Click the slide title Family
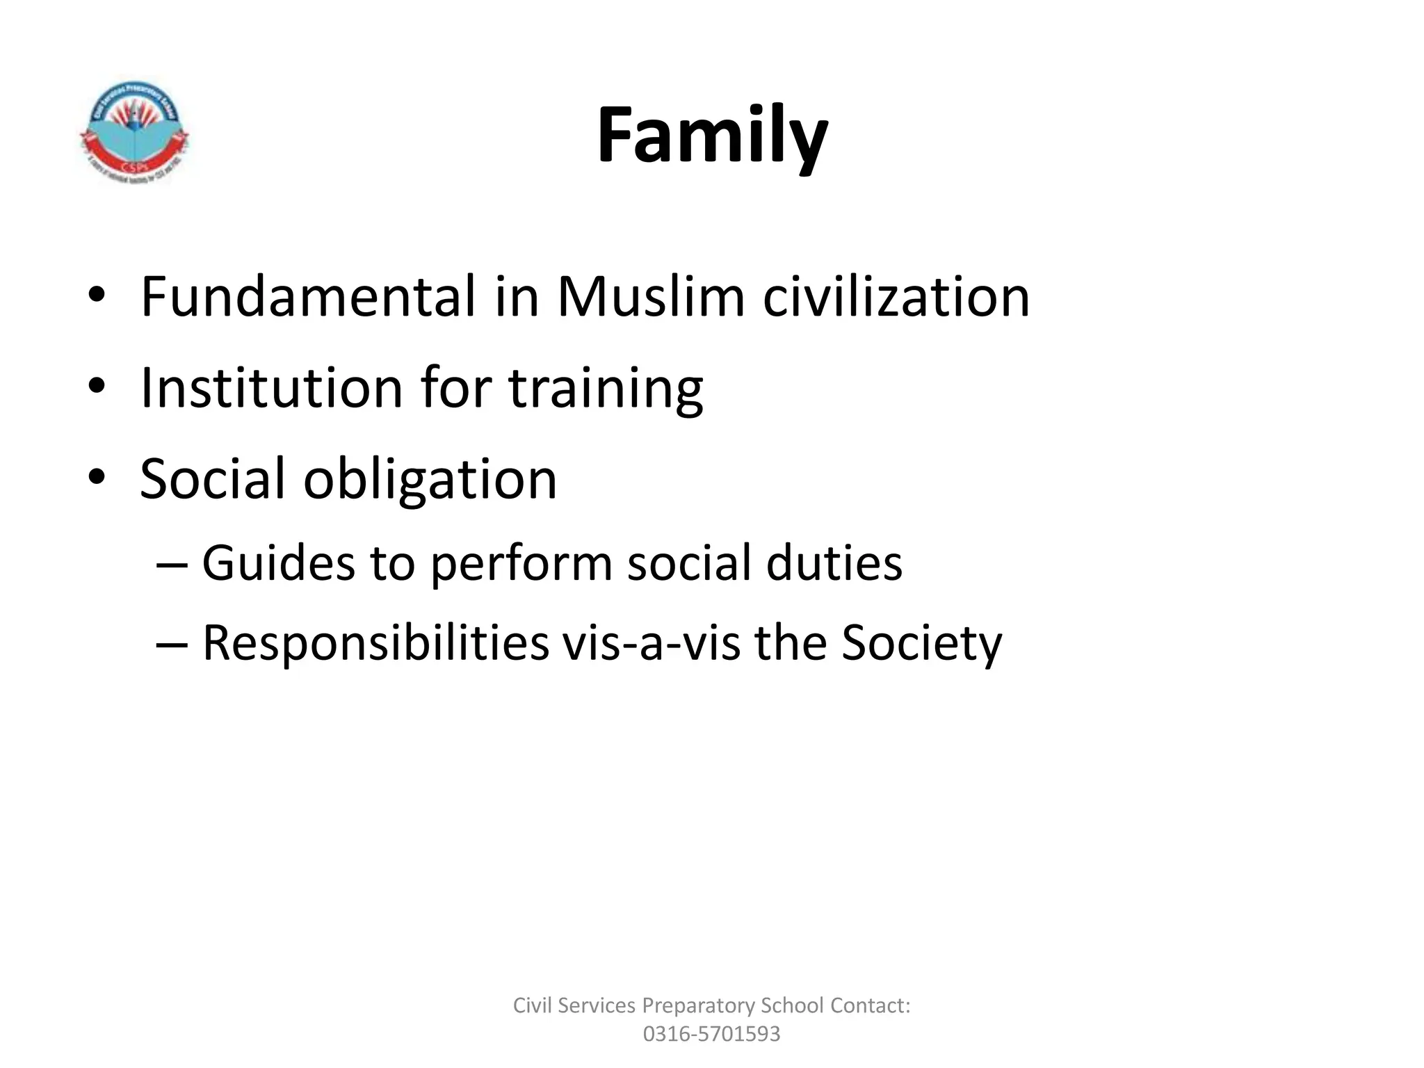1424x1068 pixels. pos(712,136)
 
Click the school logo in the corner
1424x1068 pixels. pos(134,133)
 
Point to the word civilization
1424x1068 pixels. pos(896,297)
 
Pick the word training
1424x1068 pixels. pos(606,389)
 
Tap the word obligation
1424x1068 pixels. pos(430,480)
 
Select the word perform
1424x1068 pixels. pos(521,564)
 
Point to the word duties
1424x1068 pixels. pos(834,563)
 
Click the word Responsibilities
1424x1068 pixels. pos(375,643)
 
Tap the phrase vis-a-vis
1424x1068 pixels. pos(652,643)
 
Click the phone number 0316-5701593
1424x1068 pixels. pos(711,1034)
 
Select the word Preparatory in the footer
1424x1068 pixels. pos(698,1005)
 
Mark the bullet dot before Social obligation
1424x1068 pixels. pos(97,478)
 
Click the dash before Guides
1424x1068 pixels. pos(172,564)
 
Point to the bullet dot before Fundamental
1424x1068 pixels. pos(97,296)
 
